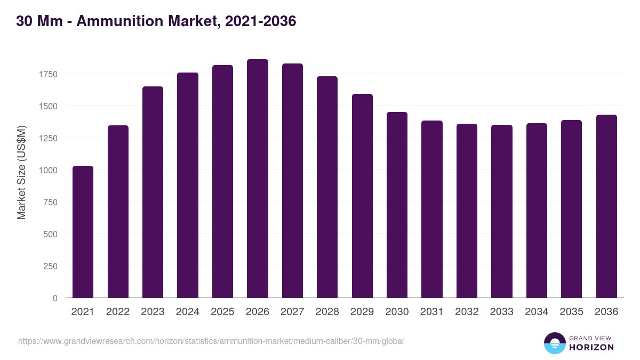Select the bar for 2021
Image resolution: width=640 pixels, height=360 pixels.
coord(83,232)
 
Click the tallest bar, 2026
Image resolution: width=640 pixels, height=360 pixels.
coord(258,179)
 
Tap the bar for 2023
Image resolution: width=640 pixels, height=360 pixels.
coord(153,192)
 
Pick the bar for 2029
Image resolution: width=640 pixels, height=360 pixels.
coord(362,196)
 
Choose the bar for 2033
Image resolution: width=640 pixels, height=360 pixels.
coord(502,211)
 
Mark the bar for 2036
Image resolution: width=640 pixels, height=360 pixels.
coord(606,206)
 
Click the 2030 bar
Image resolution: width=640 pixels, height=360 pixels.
coord(397,205)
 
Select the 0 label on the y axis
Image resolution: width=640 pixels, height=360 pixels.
coord(55,298)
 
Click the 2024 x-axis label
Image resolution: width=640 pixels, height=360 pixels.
coord(187,312)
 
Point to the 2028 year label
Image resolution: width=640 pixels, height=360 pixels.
coord(327,312)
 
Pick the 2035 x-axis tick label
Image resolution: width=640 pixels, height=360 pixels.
coord(572,312)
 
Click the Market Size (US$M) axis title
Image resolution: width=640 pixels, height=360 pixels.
coord(21,172)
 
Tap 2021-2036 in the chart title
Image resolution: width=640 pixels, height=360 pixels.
coord(260,22)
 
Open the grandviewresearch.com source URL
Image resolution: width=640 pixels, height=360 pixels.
coord(211,341)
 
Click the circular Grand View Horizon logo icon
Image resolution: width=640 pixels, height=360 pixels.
coord(555,343)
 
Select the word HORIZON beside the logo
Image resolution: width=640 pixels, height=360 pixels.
coord(591,347)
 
